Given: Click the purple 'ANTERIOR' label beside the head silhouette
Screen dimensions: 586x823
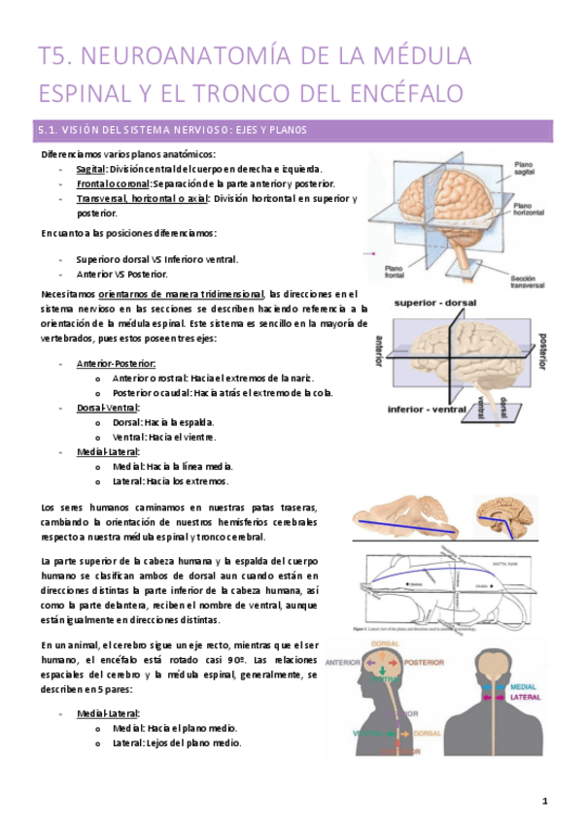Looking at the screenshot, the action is (347, 664).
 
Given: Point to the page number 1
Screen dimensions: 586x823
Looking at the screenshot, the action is (546, 801).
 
